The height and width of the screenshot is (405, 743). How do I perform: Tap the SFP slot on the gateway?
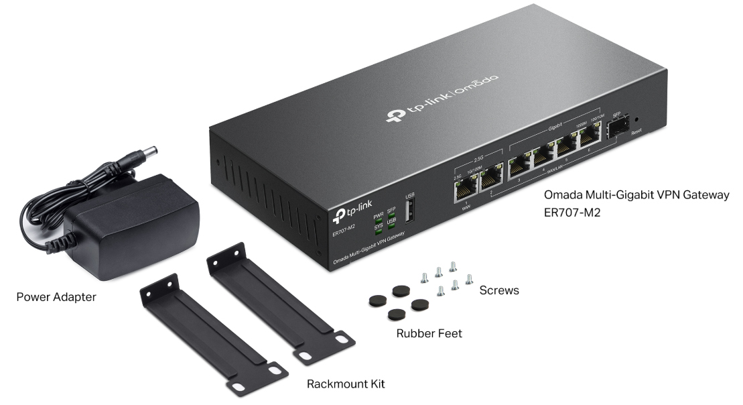[616, 129]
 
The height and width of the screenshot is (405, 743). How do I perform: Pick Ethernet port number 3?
[518, 166]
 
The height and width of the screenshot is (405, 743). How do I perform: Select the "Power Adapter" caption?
[56, 296]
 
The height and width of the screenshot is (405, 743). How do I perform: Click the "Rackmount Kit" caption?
[346, 384]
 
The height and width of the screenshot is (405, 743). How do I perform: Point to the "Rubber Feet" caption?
[429, 333]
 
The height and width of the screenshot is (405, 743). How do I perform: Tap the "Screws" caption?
[499, 291]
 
